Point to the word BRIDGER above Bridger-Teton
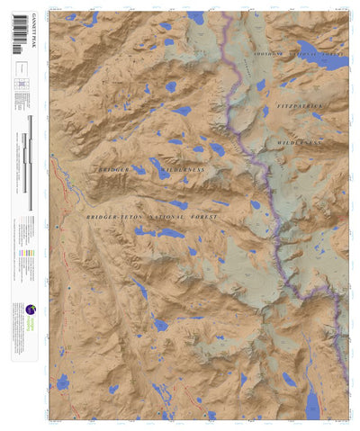[114, 169]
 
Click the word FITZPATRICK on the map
[299, 105]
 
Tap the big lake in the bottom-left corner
[62, 382]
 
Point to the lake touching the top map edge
[196, 16]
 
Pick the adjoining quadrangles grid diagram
[20, 86]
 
